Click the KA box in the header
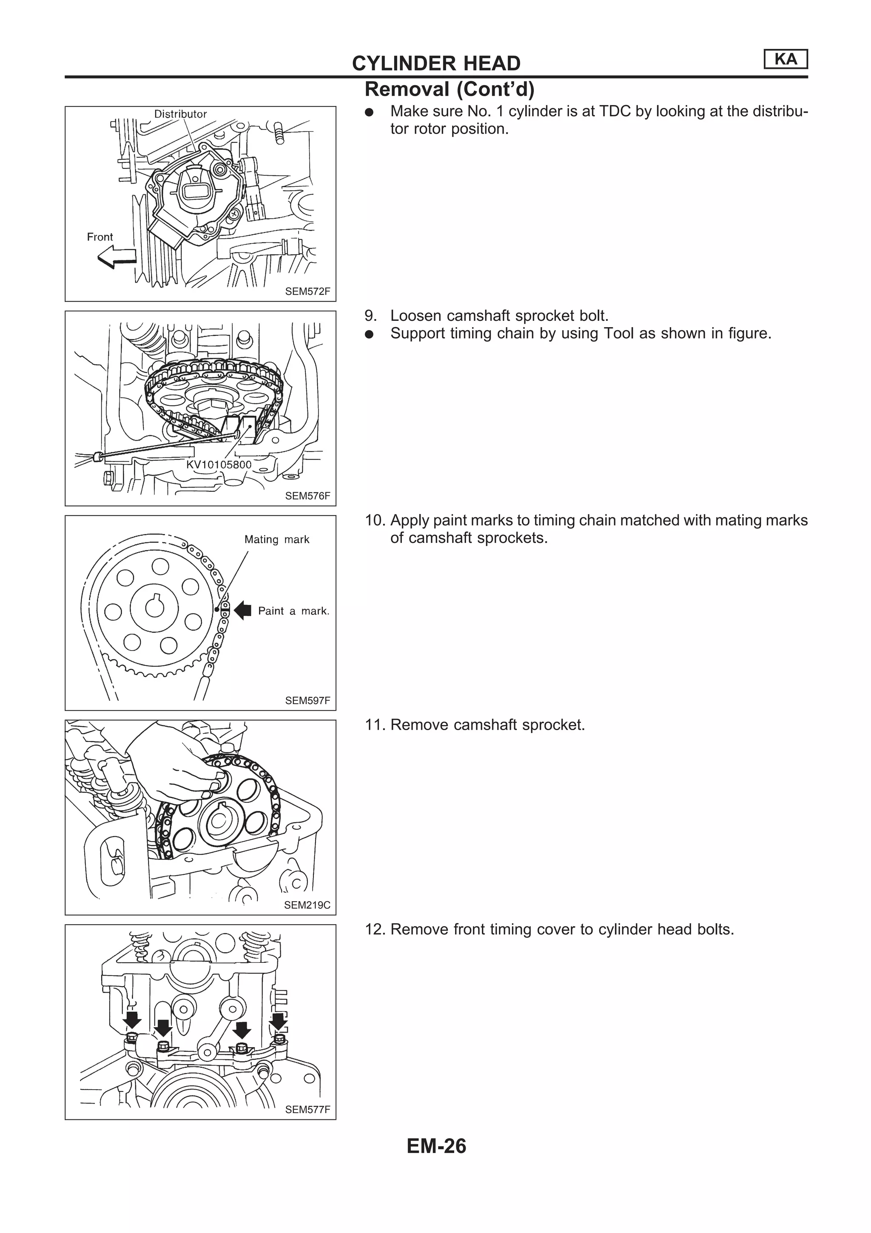785,59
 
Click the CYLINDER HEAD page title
436,63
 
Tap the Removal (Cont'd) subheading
449,89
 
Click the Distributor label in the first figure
180,114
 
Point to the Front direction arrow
117,258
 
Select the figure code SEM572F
307,291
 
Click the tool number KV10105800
219,465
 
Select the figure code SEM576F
307,496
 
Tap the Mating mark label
277,539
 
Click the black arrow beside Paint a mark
243,610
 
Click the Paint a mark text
293,611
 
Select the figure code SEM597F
307,700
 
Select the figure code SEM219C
307,905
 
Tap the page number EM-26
436,1146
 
